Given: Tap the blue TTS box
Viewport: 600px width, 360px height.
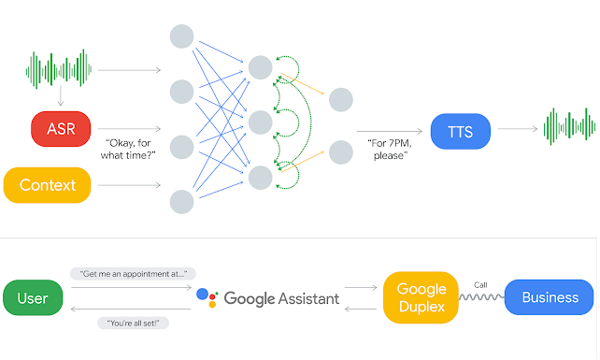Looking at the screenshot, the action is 460,131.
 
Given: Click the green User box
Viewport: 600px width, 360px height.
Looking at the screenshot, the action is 33,298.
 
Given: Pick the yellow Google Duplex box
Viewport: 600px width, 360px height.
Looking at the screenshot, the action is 421,297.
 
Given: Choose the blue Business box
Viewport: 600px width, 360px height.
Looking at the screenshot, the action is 550,298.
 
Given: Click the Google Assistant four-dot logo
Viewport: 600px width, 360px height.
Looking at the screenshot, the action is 207,298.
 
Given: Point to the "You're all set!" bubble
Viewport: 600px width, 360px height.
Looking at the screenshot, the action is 127,324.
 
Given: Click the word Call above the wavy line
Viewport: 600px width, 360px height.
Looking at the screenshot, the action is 480,284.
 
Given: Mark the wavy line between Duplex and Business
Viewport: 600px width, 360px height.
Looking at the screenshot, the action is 481,298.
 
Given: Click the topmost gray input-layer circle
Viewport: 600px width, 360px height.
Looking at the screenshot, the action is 181,36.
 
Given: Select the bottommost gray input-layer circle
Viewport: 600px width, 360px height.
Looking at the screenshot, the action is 181,201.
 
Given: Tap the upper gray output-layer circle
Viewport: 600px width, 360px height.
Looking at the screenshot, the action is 340,99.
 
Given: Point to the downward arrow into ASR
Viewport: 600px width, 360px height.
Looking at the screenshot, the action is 61,97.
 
